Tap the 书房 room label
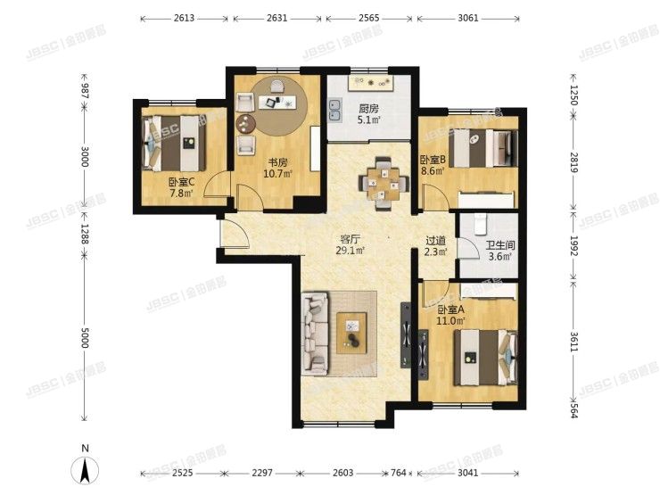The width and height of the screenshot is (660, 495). pos(277,162)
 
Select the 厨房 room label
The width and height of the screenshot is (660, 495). pos(368,109)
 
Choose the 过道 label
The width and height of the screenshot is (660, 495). pos(434,240)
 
